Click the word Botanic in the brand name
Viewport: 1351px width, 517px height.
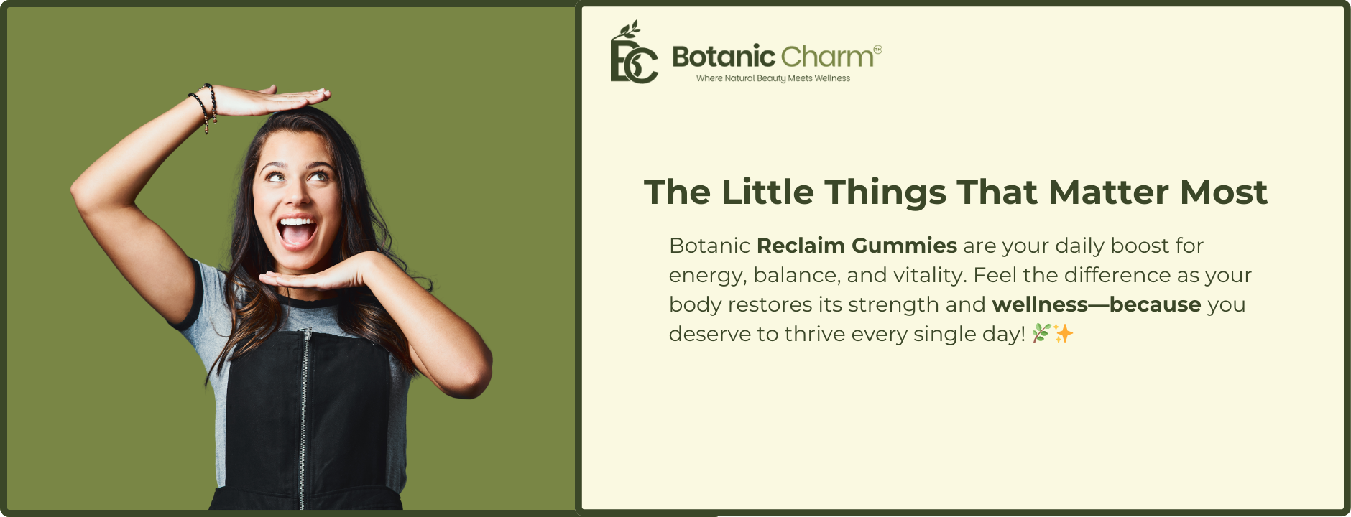point(724,56)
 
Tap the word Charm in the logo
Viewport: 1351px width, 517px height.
point(827,56)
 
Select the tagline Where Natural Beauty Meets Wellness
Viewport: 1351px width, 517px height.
point(773,78)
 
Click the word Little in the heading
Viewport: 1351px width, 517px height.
point(767,192)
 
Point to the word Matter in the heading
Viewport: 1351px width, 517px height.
point(1109,192)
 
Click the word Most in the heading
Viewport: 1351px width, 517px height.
point(1224,192)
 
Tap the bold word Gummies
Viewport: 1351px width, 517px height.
point(904,246)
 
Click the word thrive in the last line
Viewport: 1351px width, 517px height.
point(813,335)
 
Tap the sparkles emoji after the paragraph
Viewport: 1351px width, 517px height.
point(1064,333)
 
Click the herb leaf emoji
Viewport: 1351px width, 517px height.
point(1041,333)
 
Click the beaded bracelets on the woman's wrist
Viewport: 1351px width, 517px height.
point(203,106)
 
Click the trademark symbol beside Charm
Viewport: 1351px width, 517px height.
point(877,49)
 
